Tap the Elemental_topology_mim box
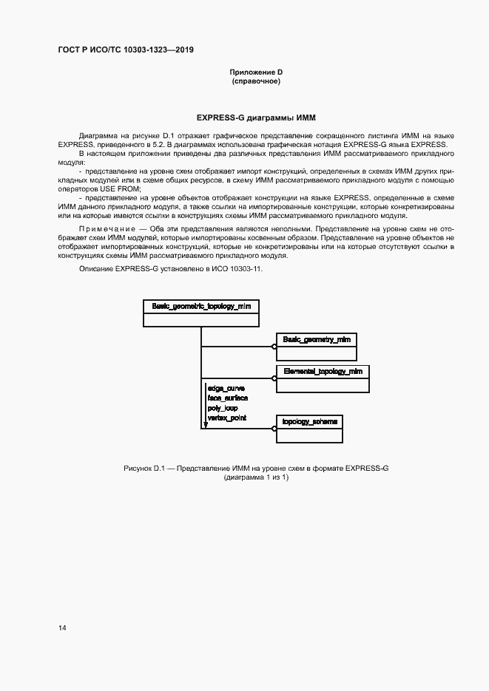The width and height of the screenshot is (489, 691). [x=322, y=377]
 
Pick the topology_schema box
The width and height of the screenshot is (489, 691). [x=309, y=428]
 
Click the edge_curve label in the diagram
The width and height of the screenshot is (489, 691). [x=226, y=387]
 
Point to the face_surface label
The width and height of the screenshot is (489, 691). [x=227, y=398]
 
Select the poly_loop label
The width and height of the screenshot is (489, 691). [x=223, y=408]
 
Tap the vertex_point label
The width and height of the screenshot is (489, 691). [x=227, y=418]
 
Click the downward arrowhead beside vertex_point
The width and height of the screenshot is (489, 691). [x=205, y=424]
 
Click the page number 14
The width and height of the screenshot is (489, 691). [x=62, y=628]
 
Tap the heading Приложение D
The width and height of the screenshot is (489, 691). [x=256, y=72]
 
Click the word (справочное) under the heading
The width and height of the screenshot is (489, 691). [x=256, y=81]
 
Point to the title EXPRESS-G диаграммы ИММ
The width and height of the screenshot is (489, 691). [x=256, y=118]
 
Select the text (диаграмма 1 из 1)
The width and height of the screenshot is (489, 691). [x=256, y=478]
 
